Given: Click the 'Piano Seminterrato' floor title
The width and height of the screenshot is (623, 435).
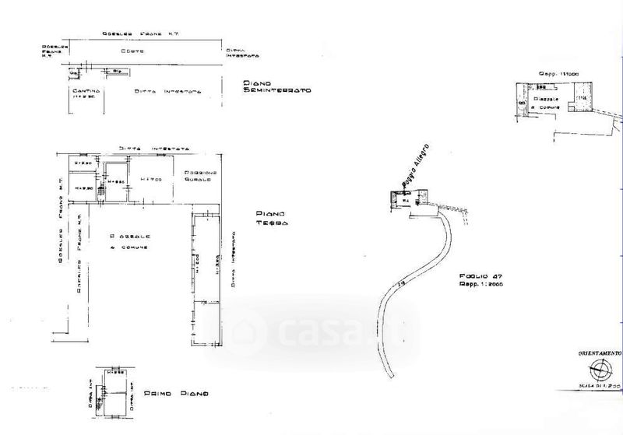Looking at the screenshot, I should [x=276, y=86].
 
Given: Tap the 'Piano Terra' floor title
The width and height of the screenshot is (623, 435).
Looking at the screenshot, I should [x=271, y=218].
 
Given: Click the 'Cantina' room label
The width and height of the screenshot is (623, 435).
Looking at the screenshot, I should [x=83, y=93].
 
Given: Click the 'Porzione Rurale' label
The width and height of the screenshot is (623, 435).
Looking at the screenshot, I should [x=200, y=176].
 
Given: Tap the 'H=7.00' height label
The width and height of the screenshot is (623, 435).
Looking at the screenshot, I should [x=150, y=179].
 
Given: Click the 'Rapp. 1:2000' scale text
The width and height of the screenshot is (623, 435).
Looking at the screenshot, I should [x=477, y=286].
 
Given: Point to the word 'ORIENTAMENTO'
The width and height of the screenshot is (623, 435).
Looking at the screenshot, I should [x=599, y=353].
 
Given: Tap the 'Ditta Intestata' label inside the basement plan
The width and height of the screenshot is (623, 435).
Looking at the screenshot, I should [x=168, y=91].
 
